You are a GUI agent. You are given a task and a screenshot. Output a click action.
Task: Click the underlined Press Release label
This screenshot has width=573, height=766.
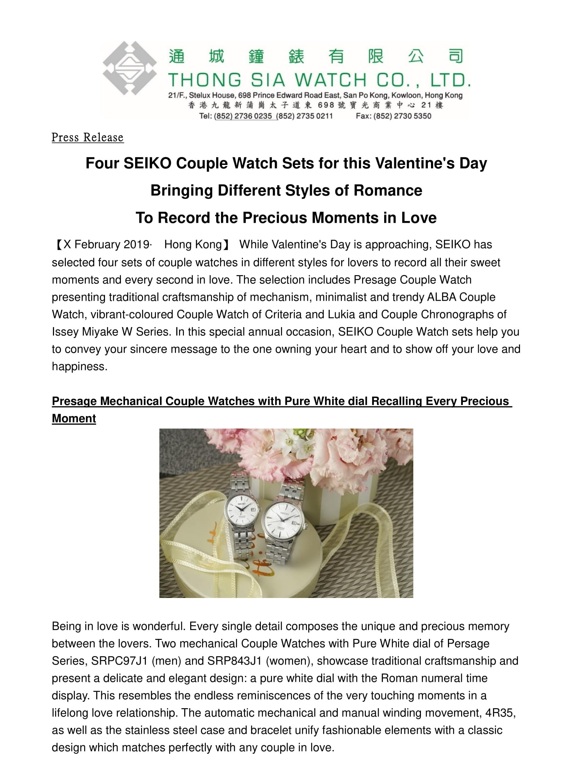point(87,138)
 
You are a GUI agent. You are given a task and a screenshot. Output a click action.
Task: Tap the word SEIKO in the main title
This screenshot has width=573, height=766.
point(147,163)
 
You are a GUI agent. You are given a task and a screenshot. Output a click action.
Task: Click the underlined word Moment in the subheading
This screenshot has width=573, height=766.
point(74,419)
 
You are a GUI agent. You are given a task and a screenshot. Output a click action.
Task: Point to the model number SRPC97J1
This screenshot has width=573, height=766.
point(120,661)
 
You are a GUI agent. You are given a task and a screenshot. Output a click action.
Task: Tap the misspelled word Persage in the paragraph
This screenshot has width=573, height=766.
point(468,644)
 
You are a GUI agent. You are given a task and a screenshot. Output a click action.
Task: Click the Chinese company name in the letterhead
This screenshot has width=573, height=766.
point(315,56)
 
